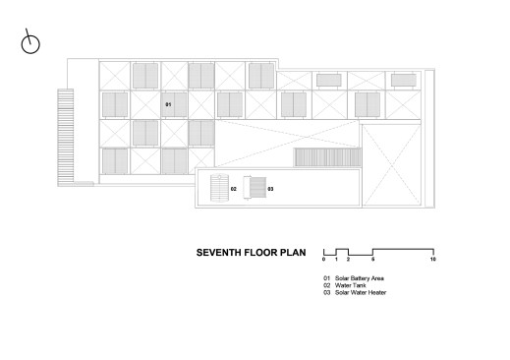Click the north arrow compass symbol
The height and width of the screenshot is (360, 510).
click(x=30, y=42)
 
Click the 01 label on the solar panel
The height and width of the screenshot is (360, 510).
click(x=168, y=104)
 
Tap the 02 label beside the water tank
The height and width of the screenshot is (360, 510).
click(x=234, y=189)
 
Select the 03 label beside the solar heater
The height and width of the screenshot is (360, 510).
click(x=270, y=189)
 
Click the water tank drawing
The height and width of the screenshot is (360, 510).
click(x=219, y=188)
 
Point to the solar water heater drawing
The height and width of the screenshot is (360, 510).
click(x=255, y=188)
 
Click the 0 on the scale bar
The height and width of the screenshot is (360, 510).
click(x=323, y=260)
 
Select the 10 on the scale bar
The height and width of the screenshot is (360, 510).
click(x=433, y=260)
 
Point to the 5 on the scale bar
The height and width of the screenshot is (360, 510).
click(x=373, y=260)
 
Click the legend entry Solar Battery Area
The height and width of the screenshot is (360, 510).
click(x=360, y=278)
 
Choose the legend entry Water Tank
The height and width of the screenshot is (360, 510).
click(x=350, y=285)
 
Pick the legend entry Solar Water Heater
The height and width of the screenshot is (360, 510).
click(x=361, y=292)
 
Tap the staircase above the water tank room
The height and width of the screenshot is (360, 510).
click(x=327, y=157)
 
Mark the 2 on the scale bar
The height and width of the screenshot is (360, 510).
click(x=348, y=260)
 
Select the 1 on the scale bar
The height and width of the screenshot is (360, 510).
click(x=336, y=260)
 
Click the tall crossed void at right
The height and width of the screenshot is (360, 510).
click(x=391, y=165)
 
